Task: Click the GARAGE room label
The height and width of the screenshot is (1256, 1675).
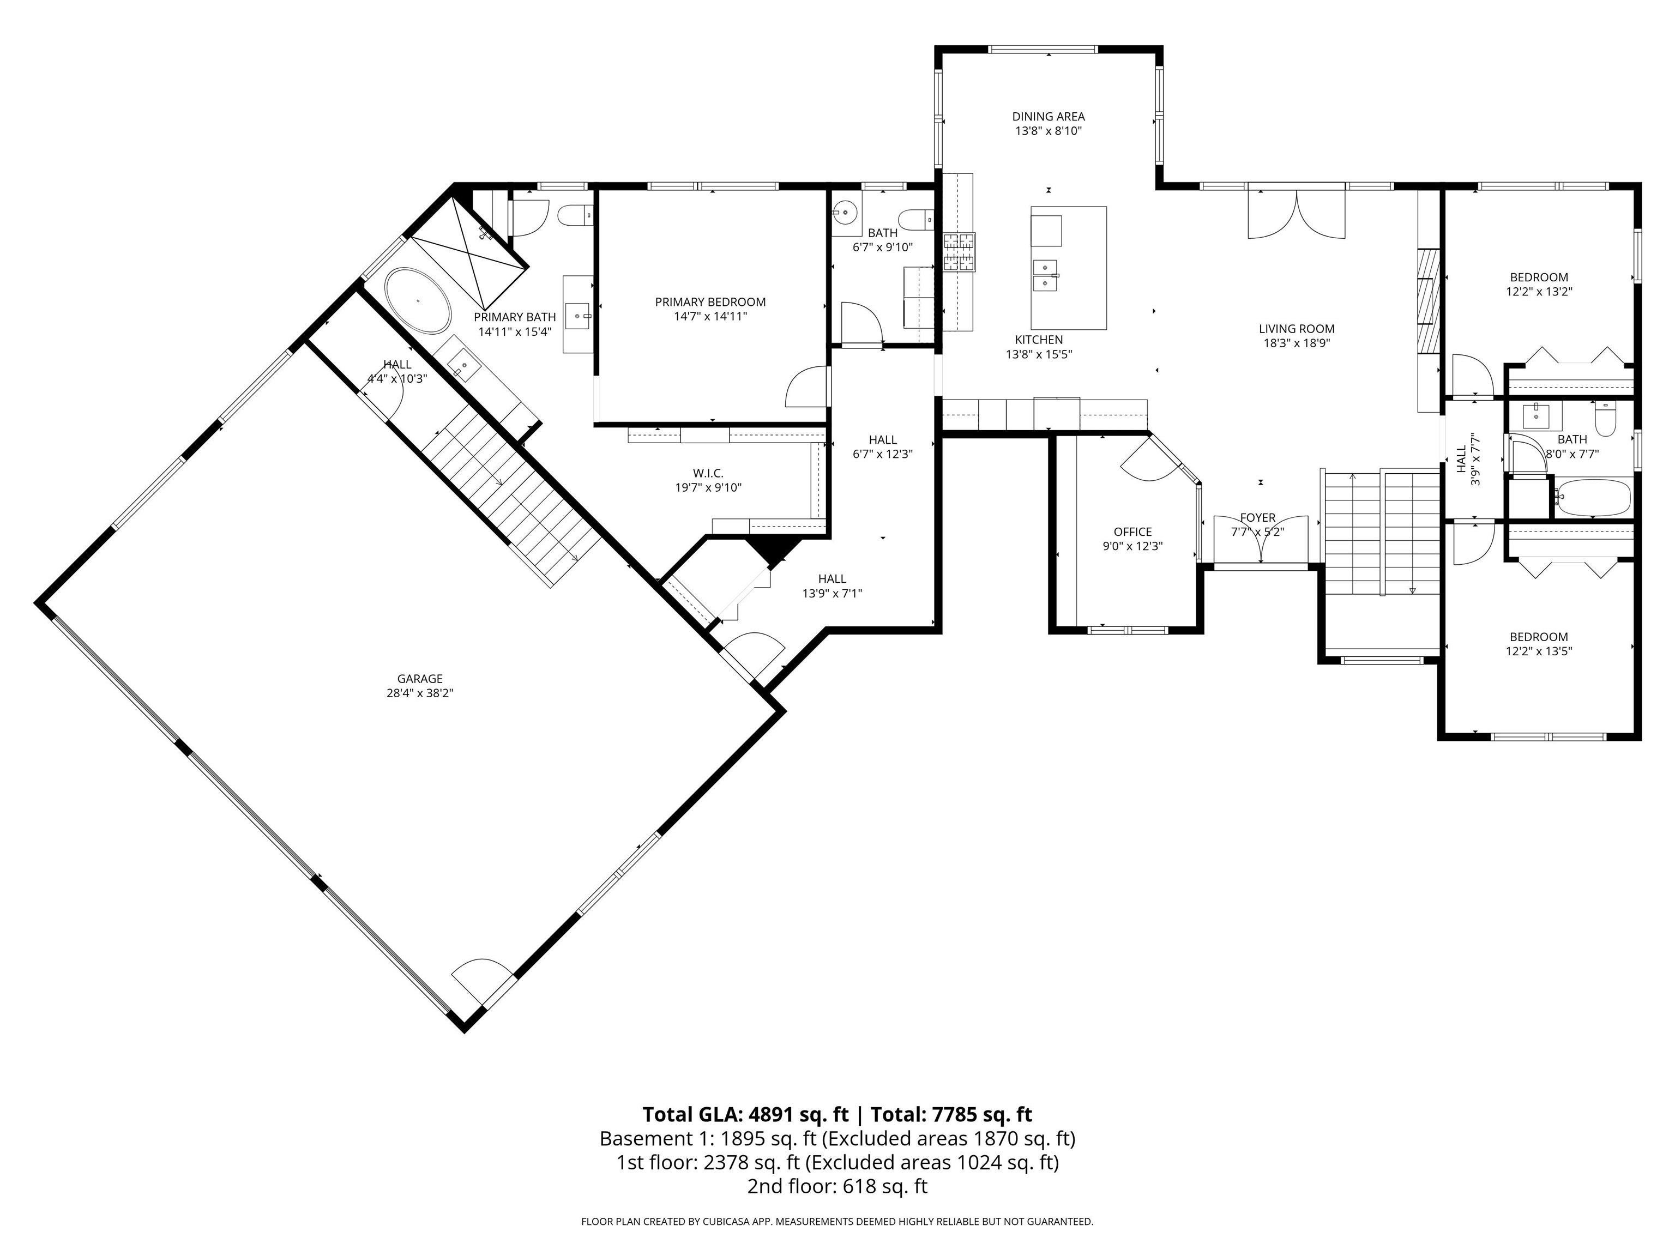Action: coord(419,679)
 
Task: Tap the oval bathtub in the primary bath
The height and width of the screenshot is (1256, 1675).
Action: coord(417,300)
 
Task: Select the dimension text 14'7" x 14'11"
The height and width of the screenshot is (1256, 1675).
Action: coord(710,317)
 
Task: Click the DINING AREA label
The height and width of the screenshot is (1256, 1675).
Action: coord(1048,117)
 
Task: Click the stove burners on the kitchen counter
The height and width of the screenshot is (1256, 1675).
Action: coord(959,252)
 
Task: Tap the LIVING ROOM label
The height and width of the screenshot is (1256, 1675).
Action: coord(1297,329)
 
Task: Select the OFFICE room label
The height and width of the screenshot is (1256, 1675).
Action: coord(1132,532)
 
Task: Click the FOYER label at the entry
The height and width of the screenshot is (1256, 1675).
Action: coord(1258,518)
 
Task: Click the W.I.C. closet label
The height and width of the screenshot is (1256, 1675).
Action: coord(708,474)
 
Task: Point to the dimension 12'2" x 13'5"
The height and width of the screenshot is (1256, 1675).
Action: coord(1538,651)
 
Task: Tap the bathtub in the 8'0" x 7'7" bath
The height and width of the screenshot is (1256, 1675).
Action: coord(1593,497)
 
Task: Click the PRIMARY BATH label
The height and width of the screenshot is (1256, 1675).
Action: coord(514,317)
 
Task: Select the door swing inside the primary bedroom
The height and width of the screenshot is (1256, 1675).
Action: coord(807,388)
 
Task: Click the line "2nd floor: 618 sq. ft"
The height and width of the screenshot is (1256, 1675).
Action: coord(837,1186)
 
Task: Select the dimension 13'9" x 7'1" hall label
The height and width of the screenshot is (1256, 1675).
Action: coord(832,594)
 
